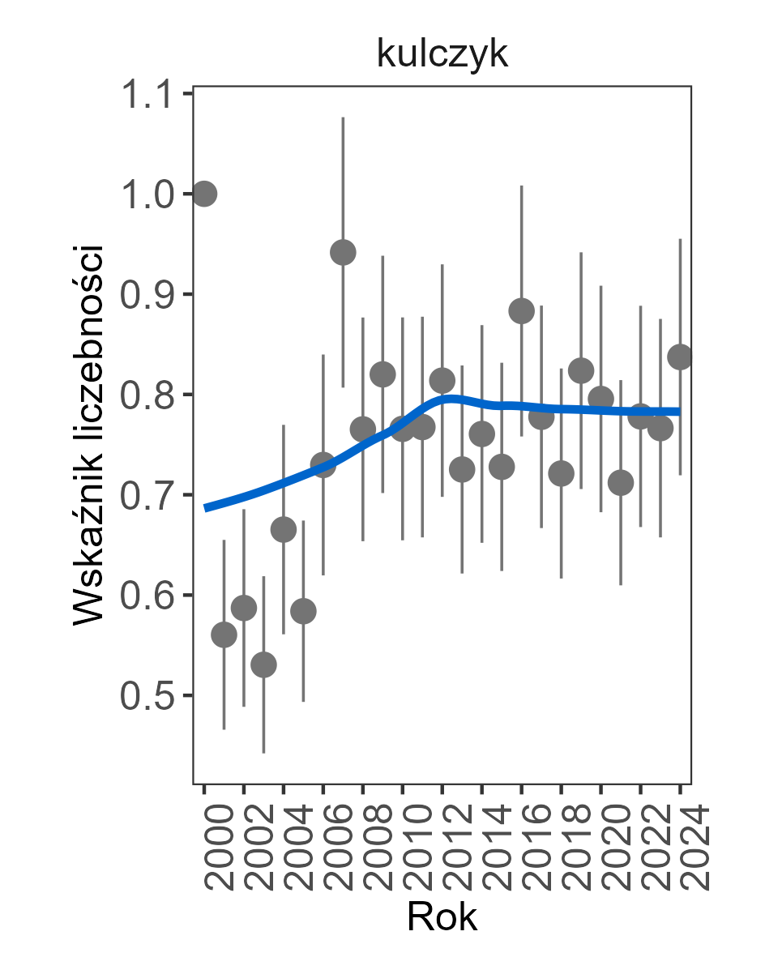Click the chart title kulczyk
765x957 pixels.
(x=442, y=55)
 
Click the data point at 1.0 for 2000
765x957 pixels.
(x=204, y=194)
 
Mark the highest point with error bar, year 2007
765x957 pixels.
(x=343, y=252)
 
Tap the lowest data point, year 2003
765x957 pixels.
(x=263, y=665)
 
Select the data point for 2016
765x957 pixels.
(x=521, y=310)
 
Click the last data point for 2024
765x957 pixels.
(x=680, y=357)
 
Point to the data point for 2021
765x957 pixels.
(x=621, y=484)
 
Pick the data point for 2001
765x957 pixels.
(x=224, y=635)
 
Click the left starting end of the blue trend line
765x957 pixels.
(x=206, y=508)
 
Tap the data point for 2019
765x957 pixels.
(x=581, y=370)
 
